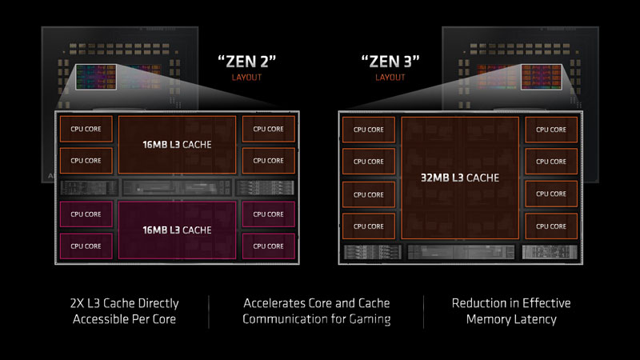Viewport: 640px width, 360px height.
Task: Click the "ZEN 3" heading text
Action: pos(389,61)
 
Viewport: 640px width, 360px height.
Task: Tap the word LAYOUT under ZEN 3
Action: pos(389,79)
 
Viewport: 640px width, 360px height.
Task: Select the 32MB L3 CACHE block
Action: pos(458,178)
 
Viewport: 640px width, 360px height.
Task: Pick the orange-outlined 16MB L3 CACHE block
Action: pos(177,145)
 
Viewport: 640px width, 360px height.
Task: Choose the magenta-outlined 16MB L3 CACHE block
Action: pos(177,230)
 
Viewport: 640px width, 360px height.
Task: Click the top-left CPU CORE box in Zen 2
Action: pos(86,128)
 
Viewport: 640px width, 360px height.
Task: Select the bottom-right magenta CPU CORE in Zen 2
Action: pos(268,246)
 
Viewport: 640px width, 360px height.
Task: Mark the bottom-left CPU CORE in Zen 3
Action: pos(369,226)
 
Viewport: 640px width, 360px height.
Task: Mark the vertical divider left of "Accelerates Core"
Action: pos(210,311)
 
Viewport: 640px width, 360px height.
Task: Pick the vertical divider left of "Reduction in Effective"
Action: pos(423,311)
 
